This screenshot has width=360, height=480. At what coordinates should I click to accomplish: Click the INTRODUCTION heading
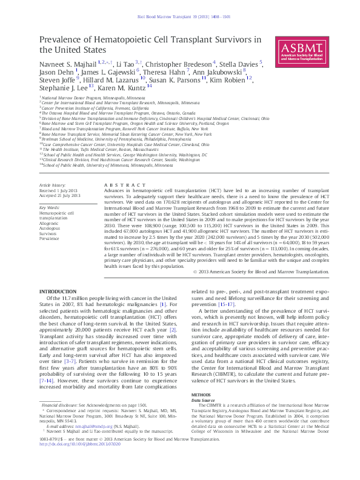[58, 292]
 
